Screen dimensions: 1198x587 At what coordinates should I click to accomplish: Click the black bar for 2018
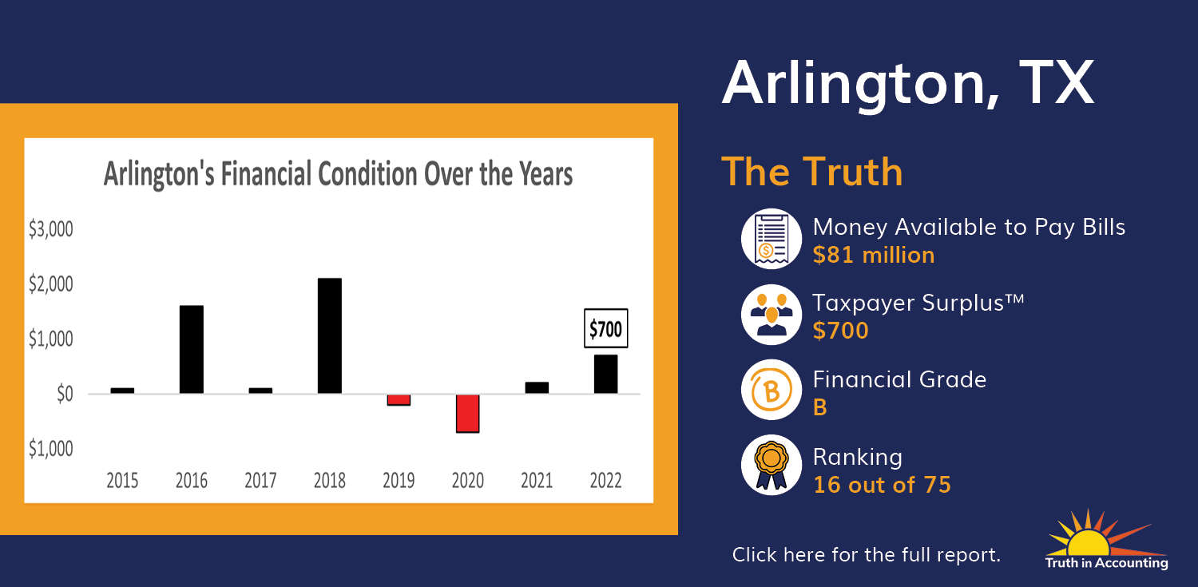coord(329,335)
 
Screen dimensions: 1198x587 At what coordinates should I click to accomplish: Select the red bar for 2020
coord(467,413)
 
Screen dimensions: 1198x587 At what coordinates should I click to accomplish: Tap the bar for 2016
coord(192,349)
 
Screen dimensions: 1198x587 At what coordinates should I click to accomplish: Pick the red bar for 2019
coord(399,400)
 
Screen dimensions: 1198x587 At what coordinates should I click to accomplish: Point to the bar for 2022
coord(605,374)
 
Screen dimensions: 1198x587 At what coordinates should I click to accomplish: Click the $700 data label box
coord(605,328)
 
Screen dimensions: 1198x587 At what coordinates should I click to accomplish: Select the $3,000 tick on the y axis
coord(51,229)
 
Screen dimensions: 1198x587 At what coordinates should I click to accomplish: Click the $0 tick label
coord(65,394)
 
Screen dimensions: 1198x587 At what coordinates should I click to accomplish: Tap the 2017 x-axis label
coord(260,480)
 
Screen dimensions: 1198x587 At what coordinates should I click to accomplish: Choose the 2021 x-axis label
coord(537,480)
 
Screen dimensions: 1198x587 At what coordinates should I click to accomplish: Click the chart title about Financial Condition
coord(338,174)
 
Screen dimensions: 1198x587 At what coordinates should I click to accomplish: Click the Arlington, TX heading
coord(908,84)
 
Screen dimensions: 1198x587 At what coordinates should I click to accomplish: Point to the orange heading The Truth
coord(812,172)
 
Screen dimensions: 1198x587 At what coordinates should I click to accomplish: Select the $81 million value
coord(874,255)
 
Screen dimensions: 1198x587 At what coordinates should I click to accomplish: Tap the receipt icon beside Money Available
coord(772,239)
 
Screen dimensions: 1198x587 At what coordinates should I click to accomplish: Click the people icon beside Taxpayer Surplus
coord(772,315)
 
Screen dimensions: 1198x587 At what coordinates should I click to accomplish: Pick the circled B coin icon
coord(772,390)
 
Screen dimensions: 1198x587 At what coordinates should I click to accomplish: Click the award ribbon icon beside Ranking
coord(772,465)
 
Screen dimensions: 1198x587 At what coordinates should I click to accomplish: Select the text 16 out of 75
coord(882,485)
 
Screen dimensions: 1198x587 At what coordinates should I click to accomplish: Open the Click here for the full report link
coord(867,554)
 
